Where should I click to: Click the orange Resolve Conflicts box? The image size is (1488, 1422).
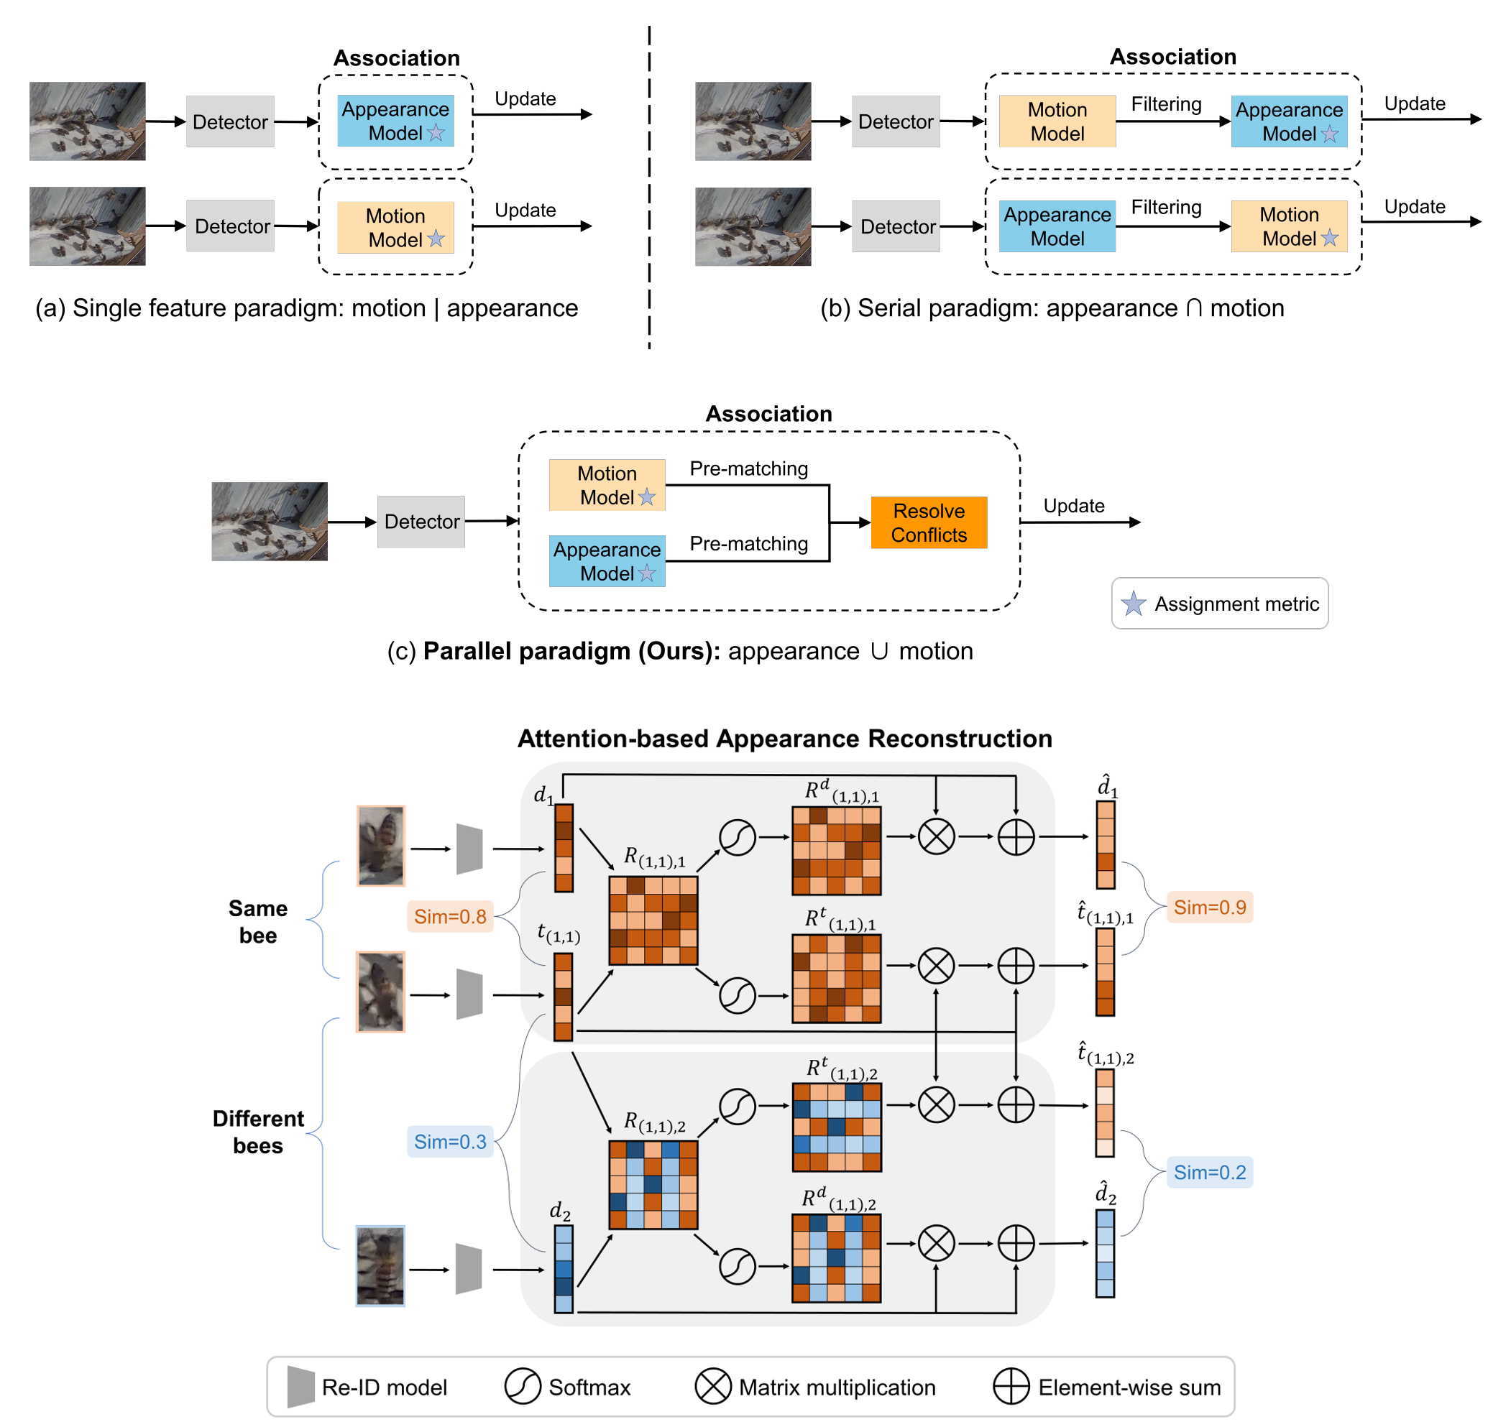928,522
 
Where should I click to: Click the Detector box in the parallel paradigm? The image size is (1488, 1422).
421,522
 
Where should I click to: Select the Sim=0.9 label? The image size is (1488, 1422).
1209,907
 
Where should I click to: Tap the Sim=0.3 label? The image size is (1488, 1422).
450,1141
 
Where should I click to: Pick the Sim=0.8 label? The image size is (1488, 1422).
450,915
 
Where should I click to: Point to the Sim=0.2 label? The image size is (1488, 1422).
1209,1172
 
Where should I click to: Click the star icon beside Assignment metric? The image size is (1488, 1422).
1133,604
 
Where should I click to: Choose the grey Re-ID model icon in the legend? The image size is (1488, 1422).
301,1386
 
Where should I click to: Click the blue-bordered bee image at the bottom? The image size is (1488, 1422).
380,1265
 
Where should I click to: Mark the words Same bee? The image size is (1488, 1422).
258,921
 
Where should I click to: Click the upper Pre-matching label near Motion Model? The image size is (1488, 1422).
748,468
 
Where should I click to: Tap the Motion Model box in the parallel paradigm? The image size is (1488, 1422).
607,485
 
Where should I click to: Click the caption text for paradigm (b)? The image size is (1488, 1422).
1052,308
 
